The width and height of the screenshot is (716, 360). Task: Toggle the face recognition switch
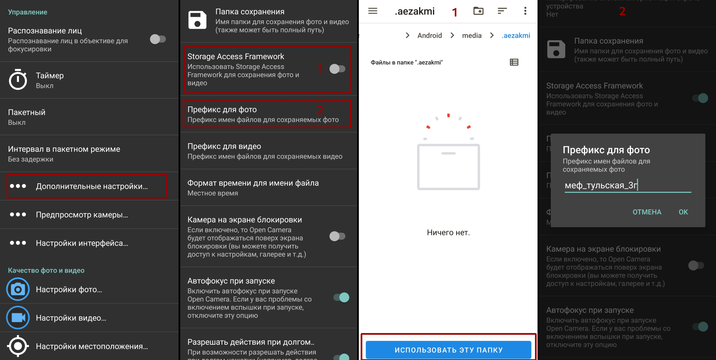pos(157,39)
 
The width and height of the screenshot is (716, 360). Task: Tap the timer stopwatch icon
pos(18,80)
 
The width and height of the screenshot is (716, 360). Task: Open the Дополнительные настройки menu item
pos(87,186)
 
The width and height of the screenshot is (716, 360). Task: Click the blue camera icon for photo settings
pos(18,289)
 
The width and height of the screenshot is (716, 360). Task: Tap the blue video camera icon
pos(18,317)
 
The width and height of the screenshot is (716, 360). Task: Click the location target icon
pos(18,346)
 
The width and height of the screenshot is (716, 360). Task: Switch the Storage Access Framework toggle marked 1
pos(337,69)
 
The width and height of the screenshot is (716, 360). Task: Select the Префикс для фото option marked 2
pos(267,114)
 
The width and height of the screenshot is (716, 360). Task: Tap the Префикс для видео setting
pos(267,151)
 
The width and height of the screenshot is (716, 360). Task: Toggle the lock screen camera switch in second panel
pos(337,236)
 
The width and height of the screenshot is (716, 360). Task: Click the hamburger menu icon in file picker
pos(373,11)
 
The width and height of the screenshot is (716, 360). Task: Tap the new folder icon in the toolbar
pos(478,11)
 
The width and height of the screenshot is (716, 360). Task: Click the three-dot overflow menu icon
pos(525,11)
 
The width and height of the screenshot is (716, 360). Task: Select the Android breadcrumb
pos(429,35)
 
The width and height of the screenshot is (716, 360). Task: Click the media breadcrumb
pos(472,35)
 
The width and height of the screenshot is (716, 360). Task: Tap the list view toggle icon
pos(514,62)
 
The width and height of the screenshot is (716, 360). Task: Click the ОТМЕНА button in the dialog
pos(647,212)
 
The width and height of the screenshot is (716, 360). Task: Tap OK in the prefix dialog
pos(683,212)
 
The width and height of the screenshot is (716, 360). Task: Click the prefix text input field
pos(627,185)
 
